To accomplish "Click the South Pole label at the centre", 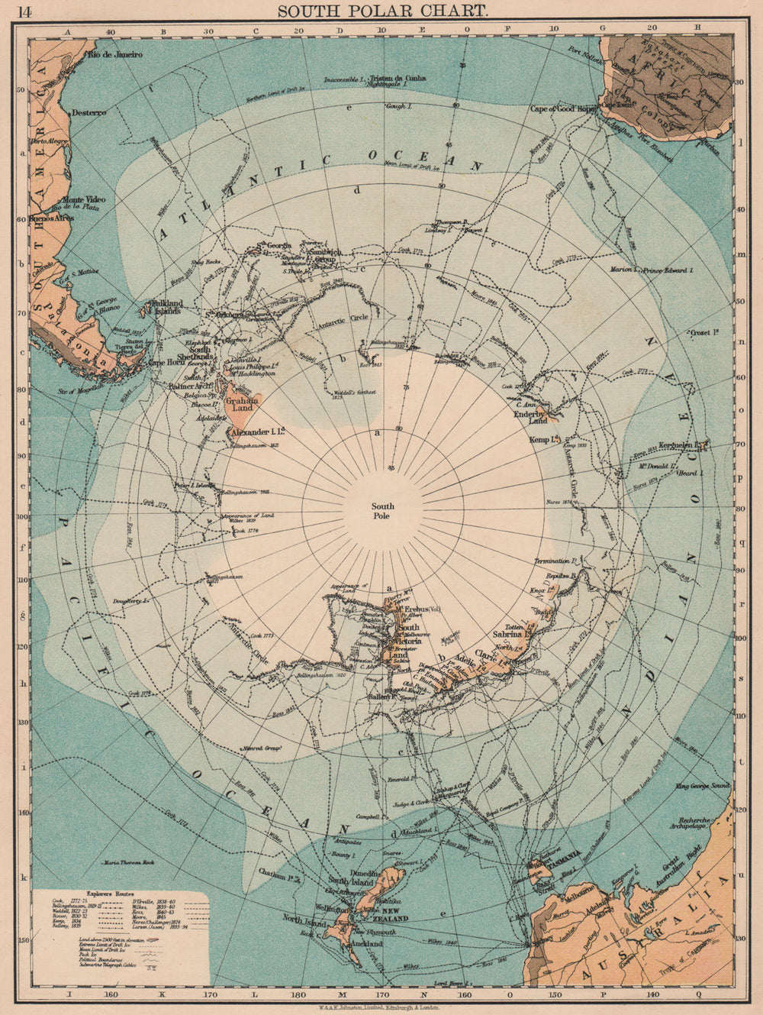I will [x=382, y=511].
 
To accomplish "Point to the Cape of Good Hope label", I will [x=563, y=109].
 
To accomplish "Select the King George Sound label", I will [x=703, y=785].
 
